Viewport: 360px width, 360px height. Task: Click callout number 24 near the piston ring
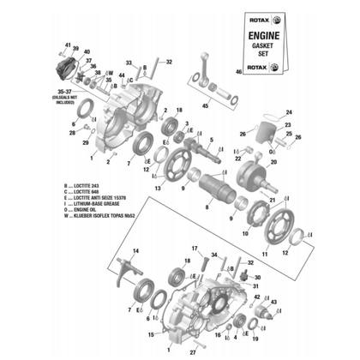[x=289, y=113]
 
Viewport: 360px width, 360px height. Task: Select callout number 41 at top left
[x=67, y=43]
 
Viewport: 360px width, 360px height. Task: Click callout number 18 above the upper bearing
[x=178, y=111]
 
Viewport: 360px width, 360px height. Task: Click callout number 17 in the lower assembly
[x=195, y=249]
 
